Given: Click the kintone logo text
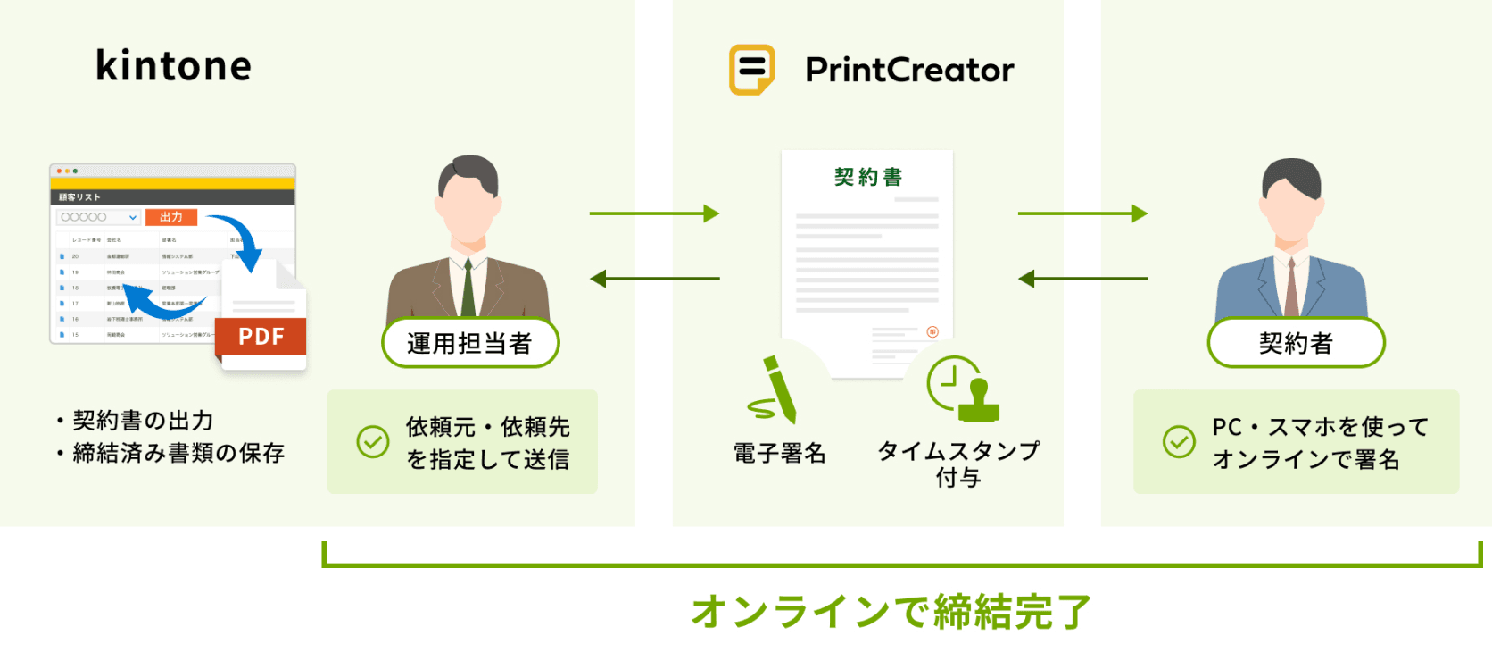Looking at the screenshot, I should [x=173, y=66].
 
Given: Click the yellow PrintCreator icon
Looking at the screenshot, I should [x=751, y=70].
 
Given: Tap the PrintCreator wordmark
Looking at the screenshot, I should [x=909, y=70].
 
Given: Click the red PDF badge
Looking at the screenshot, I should [x=261, y=337].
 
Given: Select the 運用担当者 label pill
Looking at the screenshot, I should [x=469, y=343].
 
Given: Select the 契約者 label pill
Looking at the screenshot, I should [x=1296, y=343].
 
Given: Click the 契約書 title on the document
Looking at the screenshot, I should [x=867, y=177].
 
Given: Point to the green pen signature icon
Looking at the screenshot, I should [x=774, y=390].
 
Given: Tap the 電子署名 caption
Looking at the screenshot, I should [x=779, y=454].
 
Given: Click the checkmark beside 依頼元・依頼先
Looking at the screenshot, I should [x=373, y=441].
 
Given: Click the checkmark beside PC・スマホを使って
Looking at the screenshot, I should [x=1179, y=441].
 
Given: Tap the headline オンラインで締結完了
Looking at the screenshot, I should [x=891, y=612].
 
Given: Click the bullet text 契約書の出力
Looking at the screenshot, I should [x=143, y=420].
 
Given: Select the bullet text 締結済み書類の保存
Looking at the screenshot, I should [x=178, y=453].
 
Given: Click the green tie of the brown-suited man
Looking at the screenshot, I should [x=468, y=288].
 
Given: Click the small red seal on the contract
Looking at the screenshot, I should [x=932, y=331].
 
